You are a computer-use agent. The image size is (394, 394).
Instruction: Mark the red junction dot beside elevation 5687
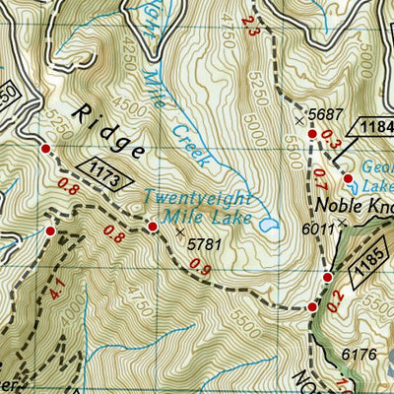click(x=312, y=134)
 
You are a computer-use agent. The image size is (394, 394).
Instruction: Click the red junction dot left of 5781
click(x=153, y=228)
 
